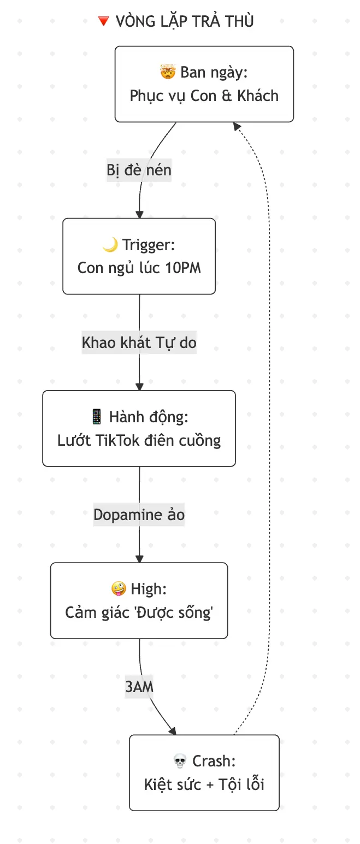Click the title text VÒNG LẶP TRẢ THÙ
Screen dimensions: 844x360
[x=184, y=21]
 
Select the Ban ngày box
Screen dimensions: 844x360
[x=204, y=84]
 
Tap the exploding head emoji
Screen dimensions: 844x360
[x=168, y=72]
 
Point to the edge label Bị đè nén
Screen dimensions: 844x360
[x=139, y=170]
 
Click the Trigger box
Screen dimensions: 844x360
[x=139, y=256]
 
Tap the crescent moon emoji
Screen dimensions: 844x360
[x=110, y=245]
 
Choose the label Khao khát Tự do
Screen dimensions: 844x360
[x=139, y=343]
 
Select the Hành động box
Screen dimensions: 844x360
[x=139, y=428]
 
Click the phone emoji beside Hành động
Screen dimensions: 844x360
[x=97, y=417]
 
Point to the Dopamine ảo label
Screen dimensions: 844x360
[x=139, y=515]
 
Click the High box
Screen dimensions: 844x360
[x=139, y=600]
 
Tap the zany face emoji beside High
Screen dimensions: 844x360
[x=118, y=589]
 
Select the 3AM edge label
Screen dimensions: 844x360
[x=139, y=687]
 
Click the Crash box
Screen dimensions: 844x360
[x=204, y=772]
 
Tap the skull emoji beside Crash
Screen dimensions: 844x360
[x=180, y=761]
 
